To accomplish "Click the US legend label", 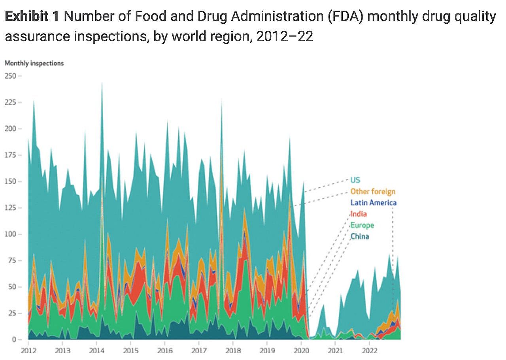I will point(355,180).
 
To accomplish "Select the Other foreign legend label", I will point(372,192).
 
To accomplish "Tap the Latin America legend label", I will point(373,203).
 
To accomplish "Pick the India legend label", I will point(358,214).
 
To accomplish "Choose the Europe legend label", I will point(362,225).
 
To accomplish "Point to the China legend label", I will point(360,236).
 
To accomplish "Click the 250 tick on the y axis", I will point(11,76).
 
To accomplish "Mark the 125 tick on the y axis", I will point(11,208).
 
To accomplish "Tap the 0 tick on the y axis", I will point(14,339).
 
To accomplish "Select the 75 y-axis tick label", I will point(12,260).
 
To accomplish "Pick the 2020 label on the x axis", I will point(301,351).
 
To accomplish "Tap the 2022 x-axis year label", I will point(370,351).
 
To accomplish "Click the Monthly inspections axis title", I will point(34,63).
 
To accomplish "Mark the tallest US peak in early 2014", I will point(102,84).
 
